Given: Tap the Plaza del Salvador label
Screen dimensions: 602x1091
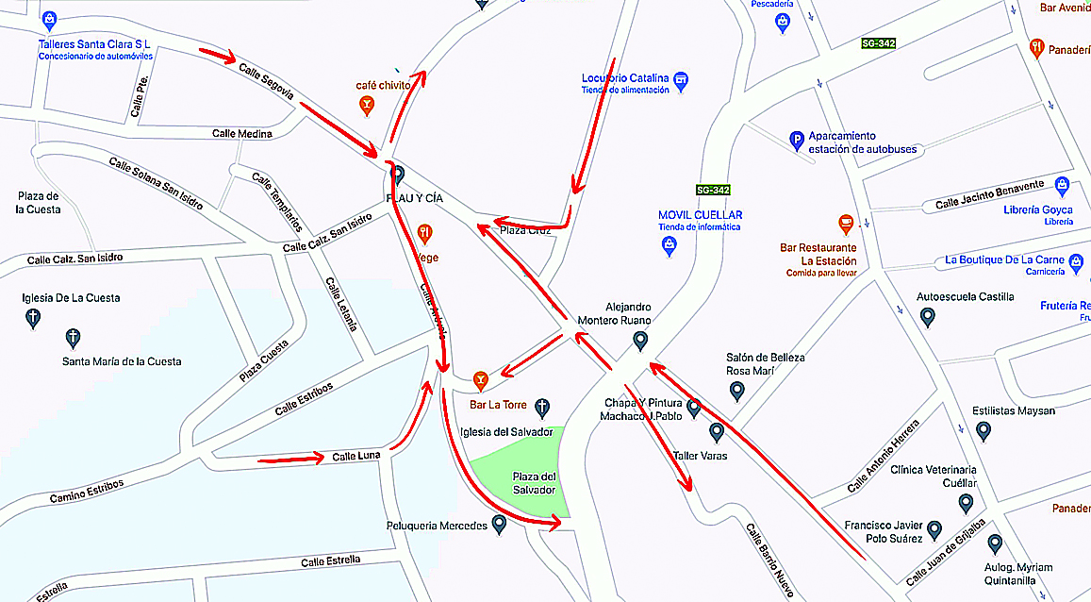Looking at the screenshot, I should [534, 483].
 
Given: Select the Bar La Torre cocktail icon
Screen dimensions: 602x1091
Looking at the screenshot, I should [481, 380].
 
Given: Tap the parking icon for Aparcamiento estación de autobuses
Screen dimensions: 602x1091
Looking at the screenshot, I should [797, 142].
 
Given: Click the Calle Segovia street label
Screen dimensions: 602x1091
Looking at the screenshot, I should [266, 82].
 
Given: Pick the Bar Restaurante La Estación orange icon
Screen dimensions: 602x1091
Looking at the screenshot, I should [846, 225].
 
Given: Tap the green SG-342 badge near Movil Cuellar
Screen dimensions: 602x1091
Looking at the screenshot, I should [714, 190].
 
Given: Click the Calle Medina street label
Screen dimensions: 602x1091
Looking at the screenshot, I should [241, 134].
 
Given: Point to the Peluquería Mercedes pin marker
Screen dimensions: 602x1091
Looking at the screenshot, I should [500, 526].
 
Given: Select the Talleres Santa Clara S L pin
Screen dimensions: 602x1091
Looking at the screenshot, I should [50, 19].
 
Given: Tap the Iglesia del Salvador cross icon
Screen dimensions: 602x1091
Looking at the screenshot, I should [542, 408].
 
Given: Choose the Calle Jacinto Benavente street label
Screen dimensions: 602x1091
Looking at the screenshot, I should [989, 195].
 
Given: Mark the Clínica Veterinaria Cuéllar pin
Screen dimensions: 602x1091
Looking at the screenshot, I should [966, 503].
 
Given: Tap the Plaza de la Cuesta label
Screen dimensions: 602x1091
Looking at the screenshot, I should [38, 202].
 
